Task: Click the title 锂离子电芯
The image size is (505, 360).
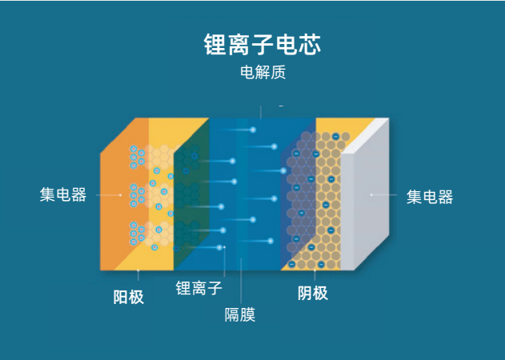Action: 263,44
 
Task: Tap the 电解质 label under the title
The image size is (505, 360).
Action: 263,72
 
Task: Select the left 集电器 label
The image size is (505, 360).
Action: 63,195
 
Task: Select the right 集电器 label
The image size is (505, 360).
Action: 430,197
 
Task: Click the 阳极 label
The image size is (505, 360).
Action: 128,297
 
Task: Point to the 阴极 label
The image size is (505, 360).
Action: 312,293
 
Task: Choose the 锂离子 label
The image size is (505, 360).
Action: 198,288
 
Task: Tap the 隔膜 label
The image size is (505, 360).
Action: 240,314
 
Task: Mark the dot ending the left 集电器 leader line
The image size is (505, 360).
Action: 121,195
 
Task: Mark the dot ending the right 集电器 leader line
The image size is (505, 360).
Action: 371,195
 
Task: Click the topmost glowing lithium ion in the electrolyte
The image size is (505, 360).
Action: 253,130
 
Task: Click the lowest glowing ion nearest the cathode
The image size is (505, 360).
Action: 271,241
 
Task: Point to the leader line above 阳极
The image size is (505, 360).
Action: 138,275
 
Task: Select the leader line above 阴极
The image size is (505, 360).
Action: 315,275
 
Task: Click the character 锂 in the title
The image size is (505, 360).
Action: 215,44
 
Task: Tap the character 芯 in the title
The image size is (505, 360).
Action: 310,44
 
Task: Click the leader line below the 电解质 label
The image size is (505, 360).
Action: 261,113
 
